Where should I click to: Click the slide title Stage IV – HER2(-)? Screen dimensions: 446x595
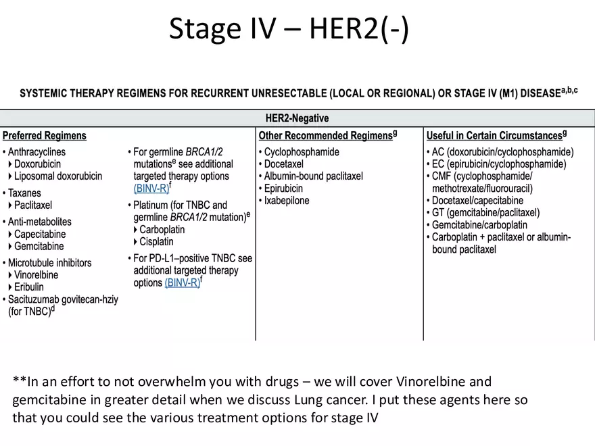click(289, 29)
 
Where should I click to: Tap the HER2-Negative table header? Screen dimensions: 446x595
click(297, 118)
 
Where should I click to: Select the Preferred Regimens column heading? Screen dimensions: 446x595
click(45, 136)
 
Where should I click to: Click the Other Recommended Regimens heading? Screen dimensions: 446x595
click(325, 136)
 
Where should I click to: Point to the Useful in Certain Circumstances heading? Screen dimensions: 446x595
click(494, 136)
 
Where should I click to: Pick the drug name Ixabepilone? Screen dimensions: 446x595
click(287, 201)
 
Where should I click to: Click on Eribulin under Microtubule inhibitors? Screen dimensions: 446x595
click(29, 287)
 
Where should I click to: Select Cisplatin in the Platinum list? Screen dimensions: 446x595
click(156, 242)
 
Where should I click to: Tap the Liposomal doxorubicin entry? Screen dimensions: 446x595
click(58, 176)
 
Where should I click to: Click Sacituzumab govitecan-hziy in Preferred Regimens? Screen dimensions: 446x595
click(63, 299)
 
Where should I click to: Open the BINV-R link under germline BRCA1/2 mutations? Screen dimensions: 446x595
click(151, 189)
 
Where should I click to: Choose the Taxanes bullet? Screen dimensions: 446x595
click(24, 193)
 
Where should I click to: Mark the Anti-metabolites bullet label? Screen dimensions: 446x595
click(39, 222)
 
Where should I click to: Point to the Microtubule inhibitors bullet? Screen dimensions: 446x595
click(49, 263)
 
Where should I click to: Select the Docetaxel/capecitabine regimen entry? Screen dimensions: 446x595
click(477, 201)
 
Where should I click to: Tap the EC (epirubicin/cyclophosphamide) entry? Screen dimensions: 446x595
click(499, 164)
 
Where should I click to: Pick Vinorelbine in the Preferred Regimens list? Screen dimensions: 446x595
click(36, 275)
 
